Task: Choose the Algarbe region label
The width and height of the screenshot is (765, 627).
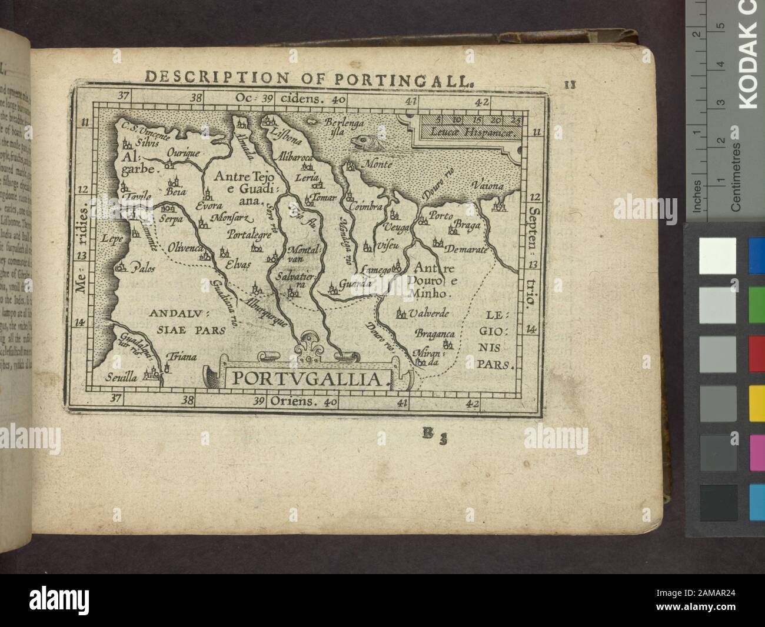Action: point(142,163)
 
